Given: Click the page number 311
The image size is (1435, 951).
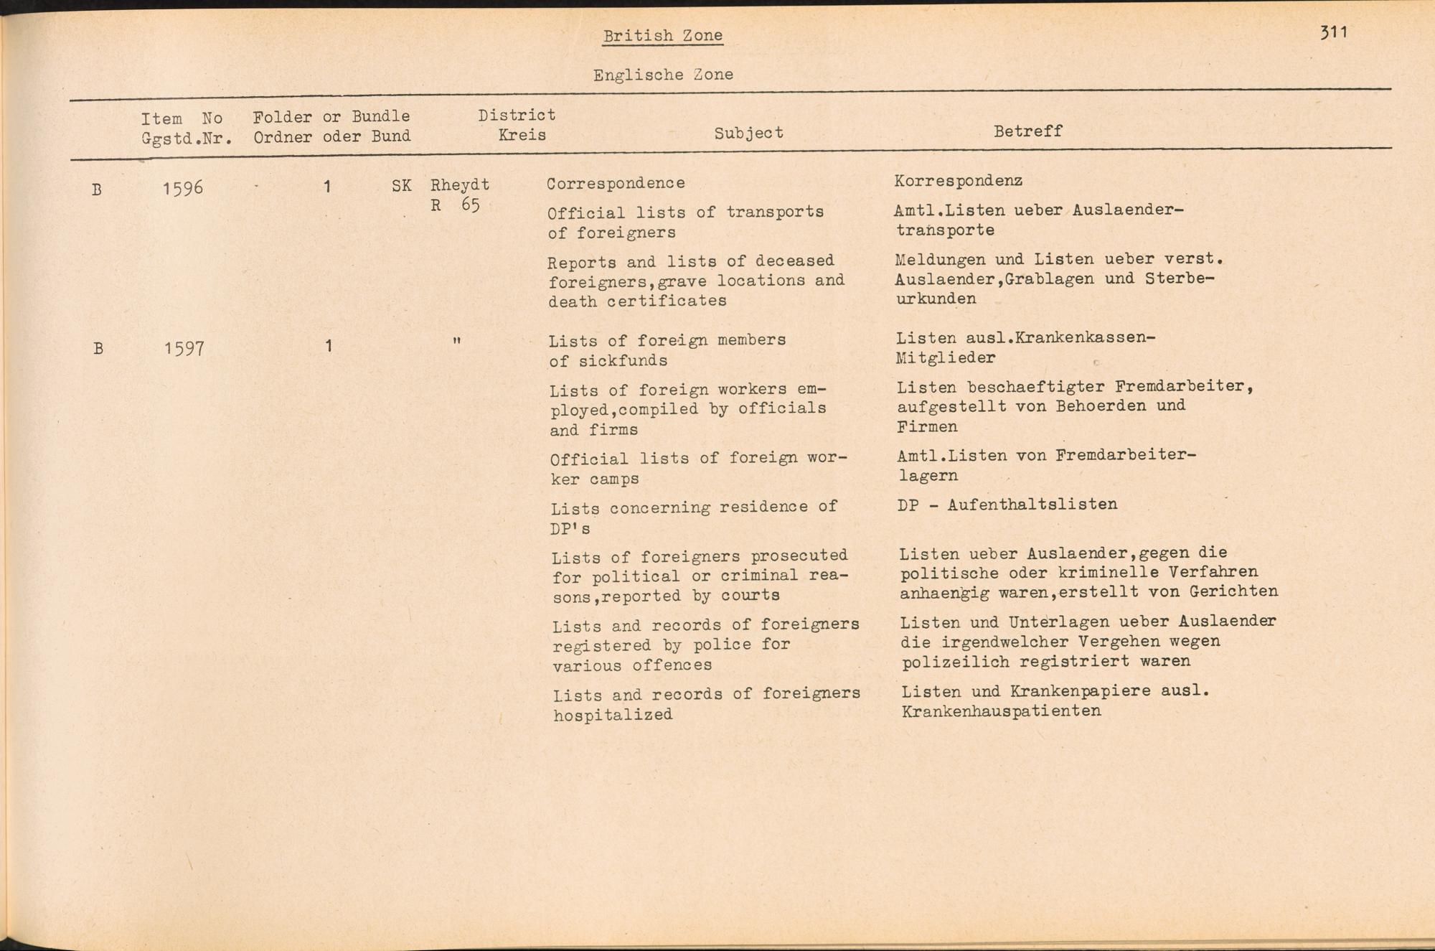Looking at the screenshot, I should click(1333, 32).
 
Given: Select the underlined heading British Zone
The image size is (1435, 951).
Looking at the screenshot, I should click(662, 36).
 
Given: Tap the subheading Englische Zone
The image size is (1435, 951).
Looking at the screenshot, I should click(663, 75).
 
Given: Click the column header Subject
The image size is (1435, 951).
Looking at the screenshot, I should click(748, 133).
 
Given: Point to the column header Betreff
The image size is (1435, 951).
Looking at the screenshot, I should click(1027, 131).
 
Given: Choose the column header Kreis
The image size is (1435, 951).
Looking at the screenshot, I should click(522, 135).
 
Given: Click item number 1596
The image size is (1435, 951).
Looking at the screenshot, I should click(183, 189).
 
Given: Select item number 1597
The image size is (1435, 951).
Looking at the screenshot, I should click(184, 349).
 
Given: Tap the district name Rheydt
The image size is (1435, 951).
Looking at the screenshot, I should click(460, 184).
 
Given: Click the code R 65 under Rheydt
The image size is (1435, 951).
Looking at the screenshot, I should click(455, 205).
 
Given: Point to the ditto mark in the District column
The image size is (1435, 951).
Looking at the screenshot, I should click(456, 342).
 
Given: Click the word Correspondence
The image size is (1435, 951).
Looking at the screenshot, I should click(616, 183).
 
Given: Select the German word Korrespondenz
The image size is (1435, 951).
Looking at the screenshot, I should click(958, 180).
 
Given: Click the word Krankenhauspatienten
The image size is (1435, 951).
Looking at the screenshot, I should click(1001, 711).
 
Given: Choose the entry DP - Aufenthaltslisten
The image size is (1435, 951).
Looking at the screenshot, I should click(1007, 505).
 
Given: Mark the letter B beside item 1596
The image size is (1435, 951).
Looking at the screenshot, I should click(97, 190).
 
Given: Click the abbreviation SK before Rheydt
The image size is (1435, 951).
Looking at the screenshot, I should click(401, 186).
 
